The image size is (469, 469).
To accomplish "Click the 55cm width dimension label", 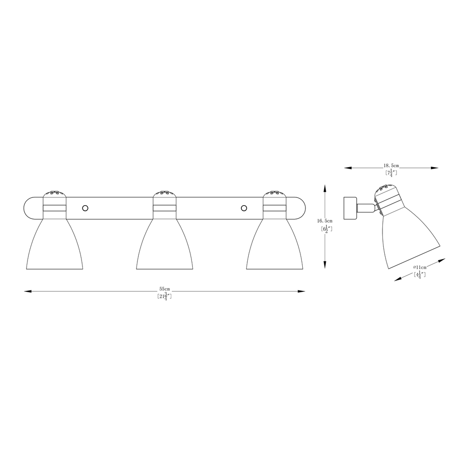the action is (164, 289).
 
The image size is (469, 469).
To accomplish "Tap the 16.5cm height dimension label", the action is (325, 221).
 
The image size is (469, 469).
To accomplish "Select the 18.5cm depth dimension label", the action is (391, 165).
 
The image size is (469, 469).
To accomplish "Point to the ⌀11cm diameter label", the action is (420, 267).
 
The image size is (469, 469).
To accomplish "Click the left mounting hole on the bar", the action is (85, 208).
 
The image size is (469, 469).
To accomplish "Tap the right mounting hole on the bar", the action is (244, 208).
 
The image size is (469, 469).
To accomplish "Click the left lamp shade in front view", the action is (55, 244).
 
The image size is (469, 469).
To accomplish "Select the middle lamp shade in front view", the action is (164, 244).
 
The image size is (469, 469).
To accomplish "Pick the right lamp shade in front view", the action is (275, 244).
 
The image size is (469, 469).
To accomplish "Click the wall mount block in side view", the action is (350, 208).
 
